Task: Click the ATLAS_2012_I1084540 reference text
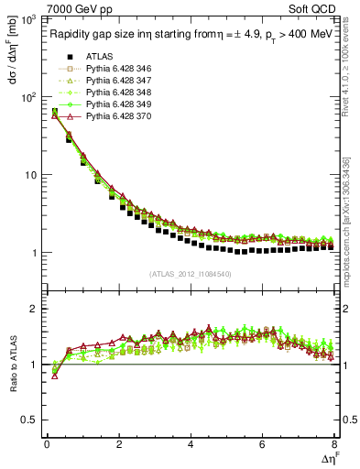point(191,273)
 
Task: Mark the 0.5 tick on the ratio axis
point(30,420)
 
